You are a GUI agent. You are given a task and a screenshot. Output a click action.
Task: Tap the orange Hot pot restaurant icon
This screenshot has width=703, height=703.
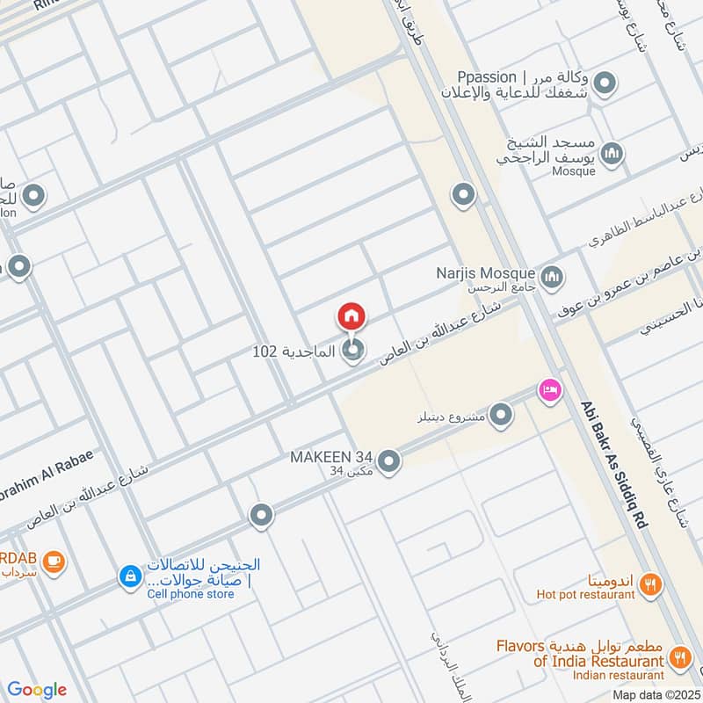tap(650, 583)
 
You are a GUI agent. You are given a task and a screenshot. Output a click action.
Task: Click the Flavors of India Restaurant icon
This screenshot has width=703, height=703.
tap(679, 656)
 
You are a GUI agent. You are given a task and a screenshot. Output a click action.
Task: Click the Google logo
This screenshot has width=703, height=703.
tap(37, 690)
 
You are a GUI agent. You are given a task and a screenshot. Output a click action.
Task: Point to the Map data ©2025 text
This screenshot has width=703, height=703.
tap(656, 694)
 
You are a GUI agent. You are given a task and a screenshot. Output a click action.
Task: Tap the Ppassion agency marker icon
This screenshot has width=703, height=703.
tap(604, 84)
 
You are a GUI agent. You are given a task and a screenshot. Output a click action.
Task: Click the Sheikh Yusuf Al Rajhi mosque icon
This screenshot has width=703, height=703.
tap(612, 153)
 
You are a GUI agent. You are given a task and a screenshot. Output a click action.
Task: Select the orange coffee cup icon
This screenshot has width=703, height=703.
tap(54, 559)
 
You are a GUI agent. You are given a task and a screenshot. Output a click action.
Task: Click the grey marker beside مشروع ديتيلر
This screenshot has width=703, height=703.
tap(501, 415)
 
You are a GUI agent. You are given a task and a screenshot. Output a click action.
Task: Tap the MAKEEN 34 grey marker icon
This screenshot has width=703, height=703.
tap(389, 460)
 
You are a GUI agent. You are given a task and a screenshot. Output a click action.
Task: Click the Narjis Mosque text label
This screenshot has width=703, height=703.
tap(486, 273)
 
